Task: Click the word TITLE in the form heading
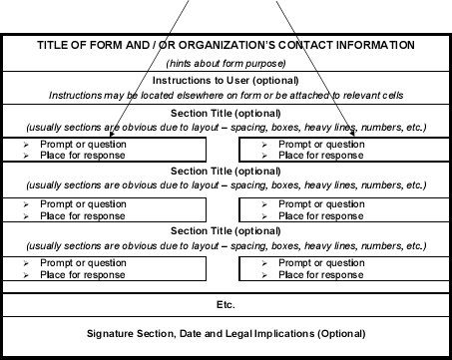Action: tap(55, 46)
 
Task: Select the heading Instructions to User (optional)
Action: tap(226, 80)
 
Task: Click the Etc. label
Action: tap(226, 302)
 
